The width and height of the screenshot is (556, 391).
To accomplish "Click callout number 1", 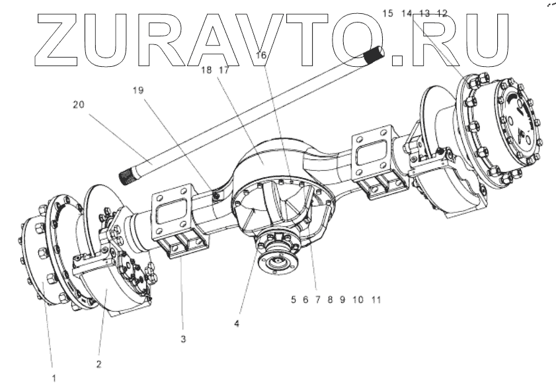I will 55,378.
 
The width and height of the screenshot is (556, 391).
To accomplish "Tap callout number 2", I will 99,363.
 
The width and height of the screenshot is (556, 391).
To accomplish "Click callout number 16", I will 260,56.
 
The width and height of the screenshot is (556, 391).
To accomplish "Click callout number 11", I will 376,300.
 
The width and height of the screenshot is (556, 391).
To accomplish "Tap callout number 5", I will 293,300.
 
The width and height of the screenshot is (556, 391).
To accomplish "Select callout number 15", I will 387,13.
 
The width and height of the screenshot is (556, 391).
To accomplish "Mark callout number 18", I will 206,69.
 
